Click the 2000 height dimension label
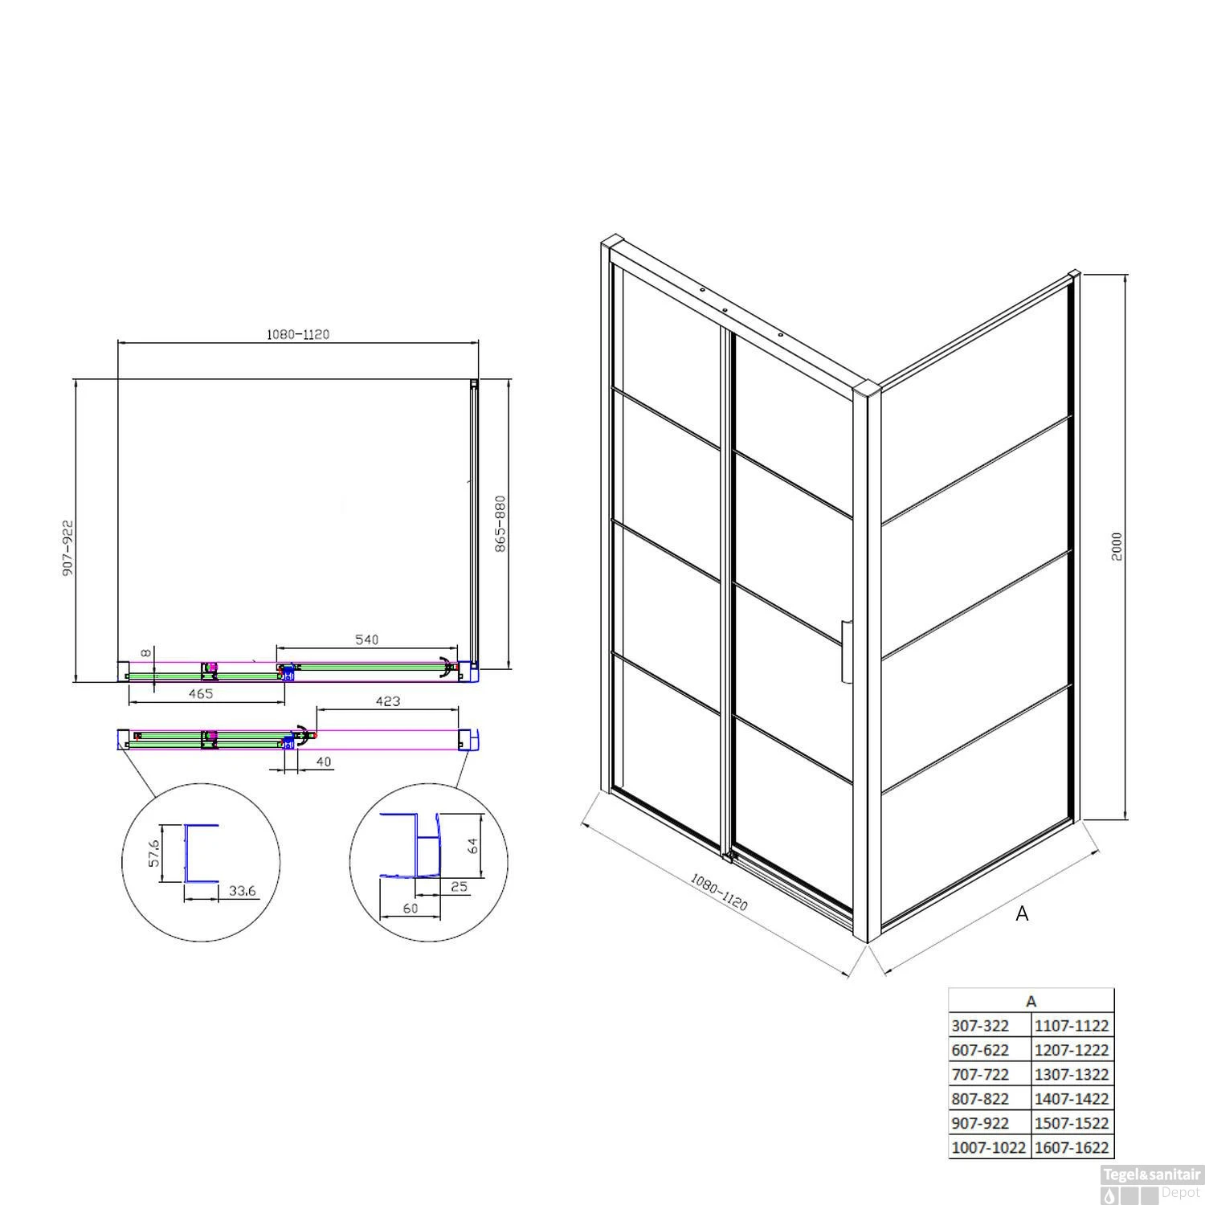1117,547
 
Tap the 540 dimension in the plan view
366,639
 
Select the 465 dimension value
200,693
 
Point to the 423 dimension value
387,701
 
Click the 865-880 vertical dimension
500,523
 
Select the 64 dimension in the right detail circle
473,845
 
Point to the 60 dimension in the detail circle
411,908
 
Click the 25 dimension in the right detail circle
459,886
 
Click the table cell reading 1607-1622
1072,1148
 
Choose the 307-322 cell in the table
980,1025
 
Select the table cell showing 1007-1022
989,1148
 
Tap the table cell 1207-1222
1072,1050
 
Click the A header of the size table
1031,1001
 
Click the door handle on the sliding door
846,652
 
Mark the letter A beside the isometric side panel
1022,913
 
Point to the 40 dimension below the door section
324,761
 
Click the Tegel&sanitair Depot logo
1151,1184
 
